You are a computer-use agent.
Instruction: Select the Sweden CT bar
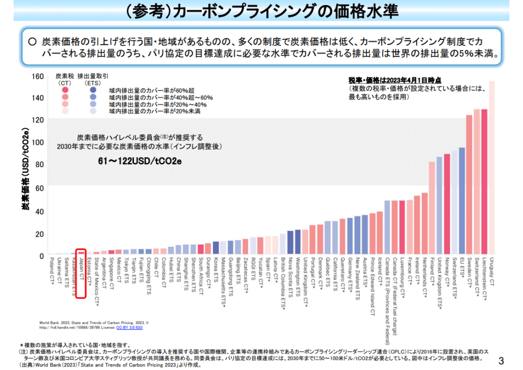coord(469,184)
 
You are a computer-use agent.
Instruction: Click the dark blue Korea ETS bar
coord(216,248)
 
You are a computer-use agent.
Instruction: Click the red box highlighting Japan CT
coord(80,273)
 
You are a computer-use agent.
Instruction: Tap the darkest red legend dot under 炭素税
coord(65,89)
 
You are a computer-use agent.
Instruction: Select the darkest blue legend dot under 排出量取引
coord(92,89)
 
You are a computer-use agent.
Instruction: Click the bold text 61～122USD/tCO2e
coord(140,161)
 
